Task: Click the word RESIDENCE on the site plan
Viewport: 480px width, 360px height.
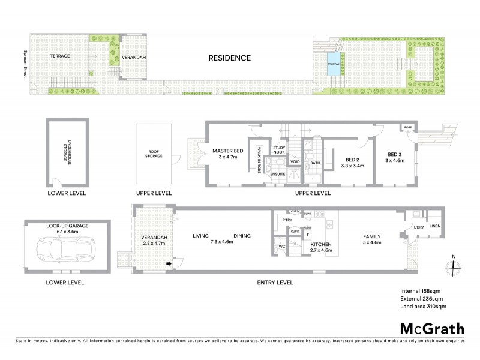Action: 229,58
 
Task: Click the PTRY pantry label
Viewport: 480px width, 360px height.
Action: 286,221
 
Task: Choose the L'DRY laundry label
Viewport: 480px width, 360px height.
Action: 419,226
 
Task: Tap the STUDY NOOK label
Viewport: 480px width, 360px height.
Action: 278,149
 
